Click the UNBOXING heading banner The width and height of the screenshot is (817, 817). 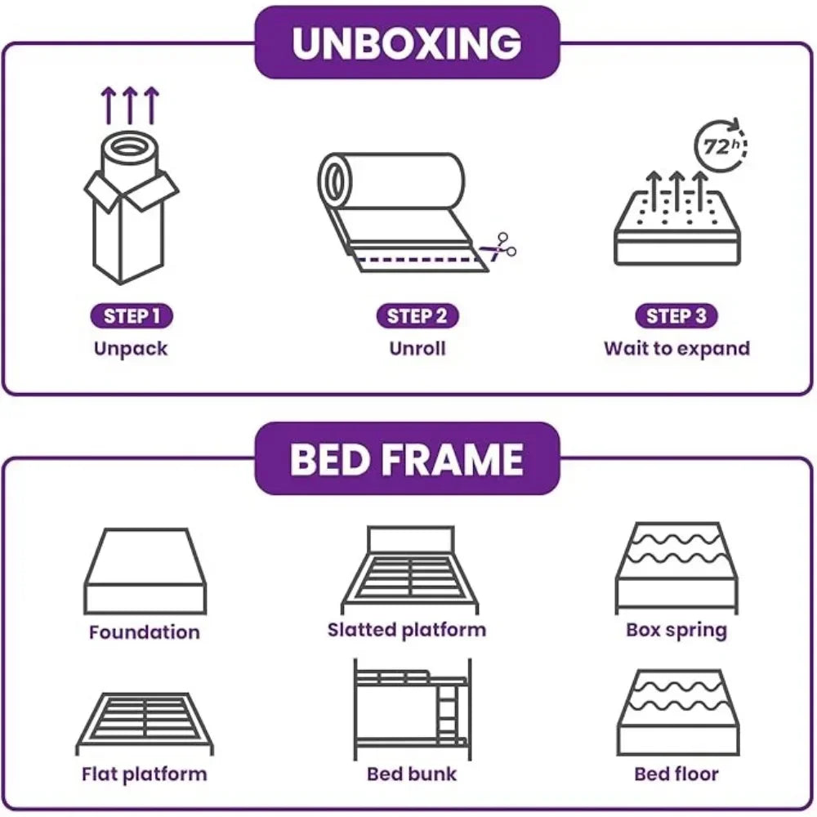tap(407, 42)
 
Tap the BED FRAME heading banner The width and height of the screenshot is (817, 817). tap(407, 459)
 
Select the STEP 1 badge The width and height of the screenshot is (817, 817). tap(132, 316)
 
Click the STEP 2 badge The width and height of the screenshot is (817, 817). tap(417, 316)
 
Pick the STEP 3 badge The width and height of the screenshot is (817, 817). tap(676, 316)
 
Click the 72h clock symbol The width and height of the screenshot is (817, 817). tap(718, 148)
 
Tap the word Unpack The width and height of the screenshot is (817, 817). tap(131, 349)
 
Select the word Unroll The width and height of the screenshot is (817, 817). tap(417, 349)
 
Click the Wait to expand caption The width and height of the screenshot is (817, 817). tap(676, 349)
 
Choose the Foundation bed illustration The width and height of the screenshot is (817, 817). tap(145, 572)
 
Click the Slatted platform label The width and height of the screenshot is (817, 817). tap(407, 630)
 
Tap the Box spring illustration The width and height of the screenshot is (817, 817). tap(676, 569)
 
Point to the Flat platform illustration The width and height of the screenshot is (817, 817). tap(144, 723)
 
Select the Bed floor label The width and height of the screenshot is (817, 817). tap(676, 774)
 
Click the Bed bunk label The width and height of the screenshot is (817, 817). tap(411, 774)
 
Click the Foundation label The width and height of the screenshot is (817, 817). tap(144, 632)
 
